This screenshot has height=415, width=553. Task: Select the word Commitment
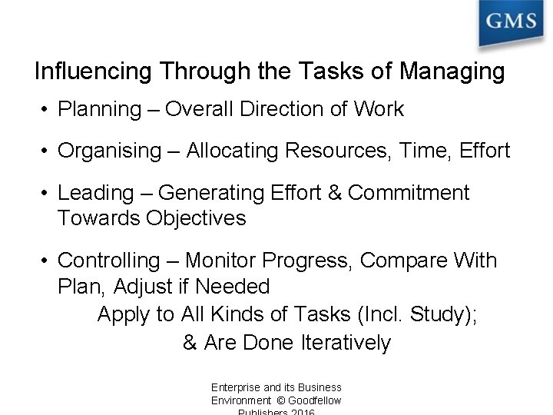[409, 192]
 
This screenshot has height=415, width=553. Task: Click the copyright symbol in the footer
[280, 400]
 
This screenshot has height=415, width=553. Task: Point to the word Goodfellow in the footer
[315, 400]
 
